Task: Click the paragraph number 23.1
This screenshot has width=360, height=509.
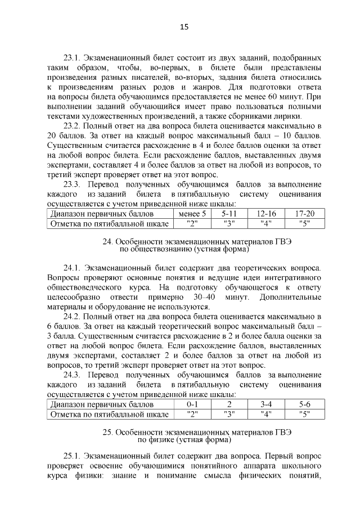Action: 73,58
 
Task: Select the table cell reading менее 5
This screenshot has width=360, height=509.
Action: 192,214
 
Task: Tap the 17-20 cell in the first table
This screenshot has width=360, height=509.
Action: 304,214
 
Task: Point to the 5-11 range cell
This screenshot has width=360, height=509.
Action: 228,214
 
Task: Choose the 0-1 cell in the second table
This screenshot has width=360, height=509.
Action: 192,404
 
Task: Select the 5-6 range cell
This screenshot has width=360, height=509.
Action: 304,404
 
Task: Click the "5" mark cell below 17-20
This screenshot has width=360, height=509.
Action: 304,224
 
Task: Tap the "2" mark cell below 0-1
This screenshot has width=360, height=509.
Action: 192,414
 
